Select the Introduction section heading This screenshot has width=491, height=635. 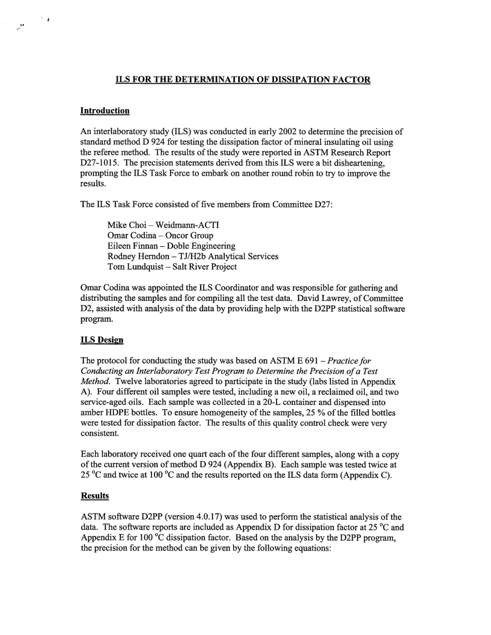click(105, 111)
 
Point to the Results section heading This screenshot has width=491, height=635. click(95, 495)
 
